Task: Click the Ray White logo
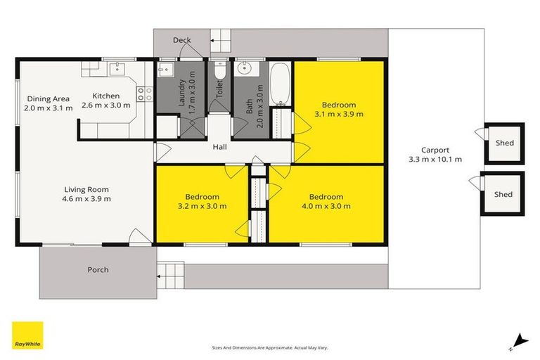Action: pyautogui.click(x=27, y=337)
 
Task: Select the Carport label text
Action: pyautogui.click(x=435, y=150)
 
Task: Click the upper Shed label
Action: pyautogui.click(x=503, y=143)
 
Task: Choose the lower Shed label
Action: pyautogui.click(x=503, y=194)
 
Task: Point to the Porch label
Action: pyautogui.click(x=98, y=270)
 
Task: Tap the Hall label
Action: pyautogui.click(x=219, y=148)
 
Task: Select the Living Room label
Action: pyautogui.click(x=86, y=189)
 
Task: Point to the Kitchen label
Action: pyautogui.click(x=106, y=96)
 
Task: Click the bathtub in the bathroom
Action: pyautogui.click(x=280, y=84)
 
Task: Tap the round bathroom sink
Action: pyautogui.click(x=246, y=69)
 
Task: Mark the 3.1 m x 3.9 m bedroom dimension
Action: pyautogui.click(x=338, y=113)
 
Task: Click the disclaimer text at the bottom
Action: pyautogui.click(x=270, y=347)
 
